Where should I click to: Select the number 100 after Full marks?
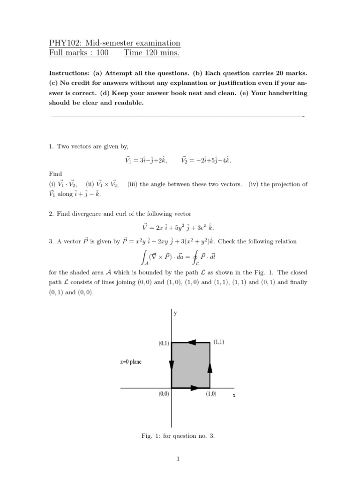pyautogui.click(x=102, y=53)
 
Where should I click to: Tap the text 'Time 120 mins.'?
pyautogui.click(x=151, y=53)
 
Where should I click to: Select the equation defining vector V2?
pyautogui.click(x=206, y=160)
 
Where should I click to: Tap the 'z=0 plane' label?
pyautogui.click(x=131, y=362)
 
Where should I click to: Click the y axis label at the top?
pyautogui.click(x=175, y=314)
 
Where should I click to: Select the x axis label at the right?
pyautogui.click(x=234, y=396)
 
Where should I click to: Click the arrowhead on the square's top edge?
pyautogui.click(x=191, y=343)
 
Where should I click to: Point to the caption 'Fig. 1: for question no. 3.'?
pyautogui.click(x=178, y=436)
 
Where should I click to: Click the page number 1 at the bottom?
pyautogui.click(x=178, y=459)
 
